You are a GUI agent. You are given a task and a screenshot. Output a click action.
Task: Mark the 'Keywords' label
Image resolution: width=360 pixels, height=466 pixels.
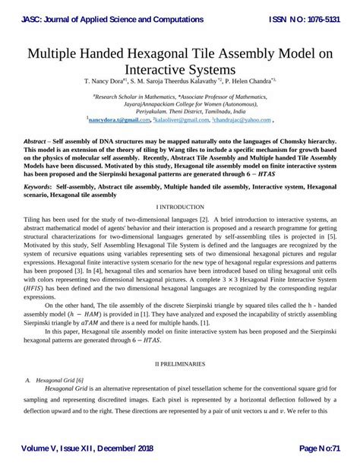[40, 185]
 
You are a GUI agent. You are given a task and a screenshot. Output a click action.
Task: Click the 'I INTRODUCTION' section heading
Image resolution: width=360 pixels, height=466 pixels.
[180, 207]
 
